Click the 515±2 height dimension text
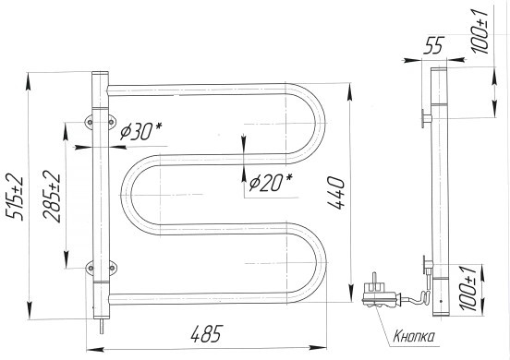(x=15, y=198)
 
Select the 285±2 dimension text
(x=52, y=197)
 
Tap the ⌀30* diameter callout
(x=140, y=131)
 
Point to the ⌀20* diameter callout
(x=271, y=182)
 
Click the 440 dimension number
(x=335, y=193)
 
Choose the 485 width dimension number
(x=207, y=333)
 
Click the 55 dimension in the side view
(x=434, y=45)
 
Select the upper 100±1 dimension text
(x=480, y=31)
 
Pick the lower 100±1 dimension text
(x=468, y=288)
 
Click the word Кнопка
(x=414, y=337)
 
